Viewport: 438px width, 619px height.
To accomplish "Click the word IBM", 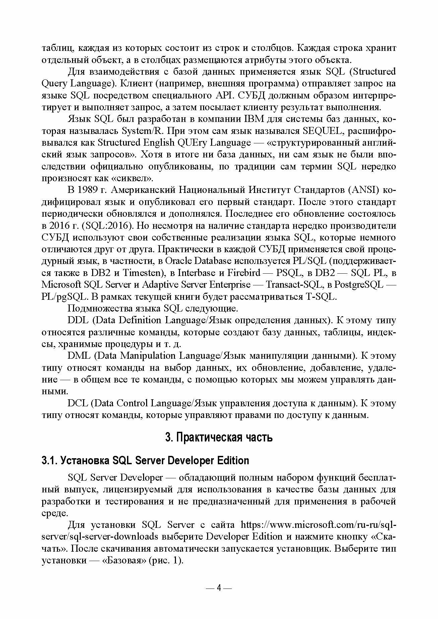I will coord(257,119).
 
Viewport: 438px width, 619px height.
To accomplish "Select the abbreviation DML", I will coord(78,356).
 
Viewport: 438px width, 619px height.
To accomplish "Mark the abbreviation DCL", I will coord(77,403).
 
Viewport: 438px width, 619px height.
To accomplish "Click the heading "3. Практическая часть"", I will coord(219,437).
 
